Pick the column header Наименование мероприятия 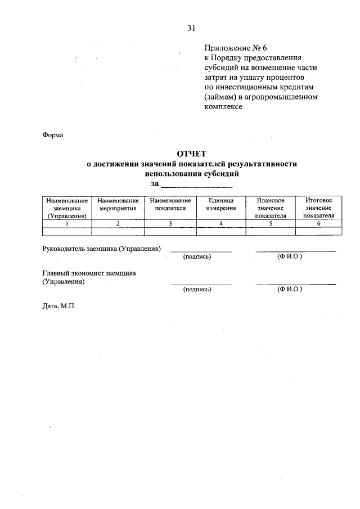118,204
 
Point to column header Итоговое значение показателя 318,208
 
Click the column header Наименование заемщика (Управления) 66,208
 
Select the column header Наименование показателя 170,204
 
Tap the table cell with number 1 66,223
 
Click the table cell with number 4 221,223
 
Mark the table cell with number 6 318,223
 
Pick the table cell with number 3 170,223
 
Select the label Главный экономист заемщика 89,273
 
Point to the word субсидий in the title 217,174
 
